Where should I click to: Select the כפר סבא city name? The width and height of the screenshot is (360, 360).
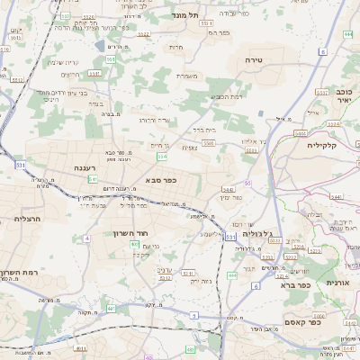[x=160, y=180]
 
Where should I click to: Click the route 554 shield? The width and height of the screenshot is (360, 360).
[x=162, y=157]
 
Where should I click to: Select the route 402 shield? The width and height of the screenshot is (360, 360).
[x=134, y=244]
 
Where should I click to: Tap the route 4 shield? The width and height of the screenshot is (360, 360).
[x=87, y=238]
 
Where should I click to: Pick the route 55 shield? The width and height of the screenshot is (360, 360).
[x=247, y=184]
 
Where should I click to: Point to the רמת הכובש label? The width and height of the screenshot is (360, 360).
[x=226, y=97]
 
